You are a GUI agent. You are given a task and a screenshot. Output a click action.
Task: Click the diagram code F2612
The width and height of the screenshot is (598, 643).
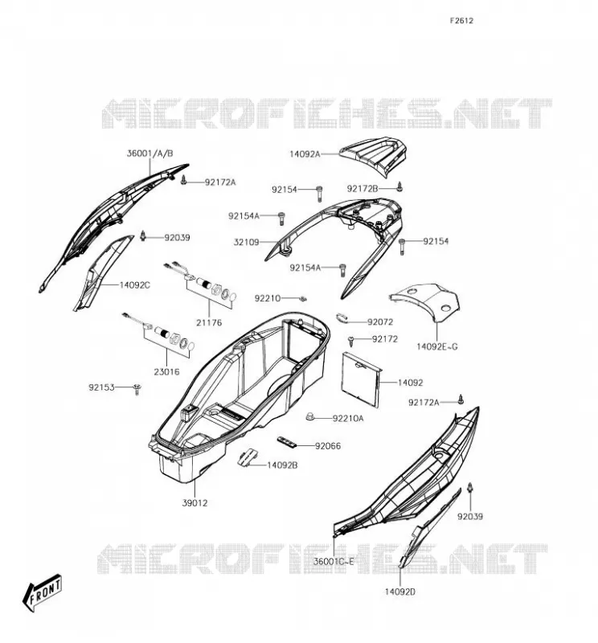pos(461,21)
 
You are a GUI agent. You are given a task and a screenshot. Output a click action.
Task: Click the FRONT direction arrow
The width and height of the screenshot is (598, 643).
pos(42,592)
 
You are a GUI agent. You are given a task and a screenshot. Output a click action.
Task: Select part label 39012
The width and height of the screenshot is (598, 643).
pos(195,503)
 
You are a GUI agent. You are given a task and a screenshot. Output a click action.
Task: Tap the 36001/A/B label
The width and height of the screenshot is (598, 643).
pos(149,154)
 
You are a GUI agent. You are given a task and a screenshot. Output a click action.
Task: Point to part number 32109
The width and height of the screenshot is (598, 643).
pos(246,242)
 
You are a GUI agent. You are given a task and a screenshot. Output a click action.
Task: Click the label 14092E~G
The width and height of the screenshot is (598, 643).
pos(437,346)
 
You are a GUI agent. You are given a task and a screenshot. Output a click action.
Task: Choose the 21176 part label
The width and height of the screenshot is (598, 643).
pos(209,323)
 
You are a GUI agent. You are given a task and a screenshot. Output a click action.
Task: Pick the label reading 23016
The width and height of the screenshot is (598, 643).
pos(166,372)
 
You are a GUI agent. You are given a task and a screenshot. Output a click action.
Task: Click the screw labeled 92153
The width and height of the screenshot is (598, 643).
pos(137,389)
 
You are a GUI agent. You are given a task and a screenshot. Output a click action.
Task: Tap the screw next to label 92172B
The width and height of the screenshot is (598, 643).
pos(400,187)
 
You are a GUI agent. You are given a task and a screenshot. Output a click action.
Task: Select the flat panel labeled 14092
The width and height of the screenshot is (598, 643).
pos(362,379)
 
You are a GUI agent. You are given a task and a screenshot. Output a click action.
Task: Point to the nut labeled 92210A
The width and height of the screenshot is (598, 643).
pos(310,417)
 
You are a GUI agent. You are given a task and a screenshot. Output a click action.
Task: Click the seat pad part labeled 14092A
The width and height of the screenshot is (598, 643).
pos(373,157)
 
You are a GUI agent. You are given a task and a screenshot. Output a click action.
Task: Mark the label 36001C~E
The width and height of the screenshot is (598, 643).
pos(334,561)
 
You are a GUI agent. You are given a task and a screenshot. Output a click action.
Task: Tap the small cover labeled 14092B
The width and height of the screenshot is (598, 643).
pos(248,457)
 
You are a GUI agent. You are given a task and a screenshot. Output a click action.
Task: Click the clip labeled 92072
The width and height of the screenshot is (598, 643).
pos(342,317)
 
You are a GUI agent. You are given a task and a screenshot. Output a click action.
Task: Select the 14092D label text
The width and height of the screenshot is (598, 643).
pos(400,592)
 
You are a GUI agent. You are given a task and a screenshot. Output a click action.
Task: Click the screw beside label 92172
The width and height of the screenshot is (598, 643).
pos(351,340)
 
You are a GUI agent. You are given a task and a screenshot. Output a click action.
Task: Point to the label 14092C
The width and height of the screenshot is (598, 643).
pos(135,285)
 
